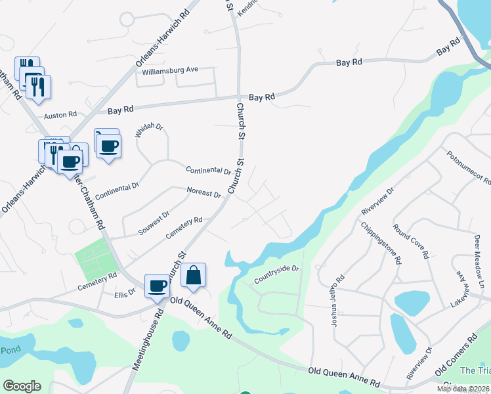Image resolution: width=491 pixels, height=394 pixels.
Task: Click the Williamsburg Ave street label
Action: pyautogui.click(x=170, y=70)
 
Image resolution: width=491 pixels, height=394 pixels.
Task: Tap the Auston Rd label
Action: pyautogui.click(x=60, y=115)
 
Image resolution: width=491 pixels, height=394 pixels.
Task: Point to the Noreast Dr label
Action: pyautogui.click(x=204, y=194)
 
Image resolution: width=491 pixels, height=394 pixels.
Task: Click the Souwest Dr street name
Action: pyautogui.click(x=154, y=223)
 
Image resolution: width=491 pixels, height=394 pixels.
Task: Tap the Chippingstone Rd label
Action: pyautogui.click(x=380, y=242)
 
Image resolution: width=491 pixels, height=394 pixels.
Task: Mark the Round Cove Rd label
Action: pyautogui.click(x=410, y=241)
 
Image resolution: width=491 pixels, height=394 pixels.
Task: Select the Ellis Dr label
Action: pyautogui.click(x=125, y=295)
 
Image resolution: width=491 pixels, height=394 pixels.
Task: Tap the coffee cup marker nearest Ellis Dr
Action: pyautogui.click(x=157, y=286)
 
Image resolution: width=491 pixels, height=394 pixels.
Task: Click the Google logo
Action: pyautogui.click(x=22, y=386)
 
